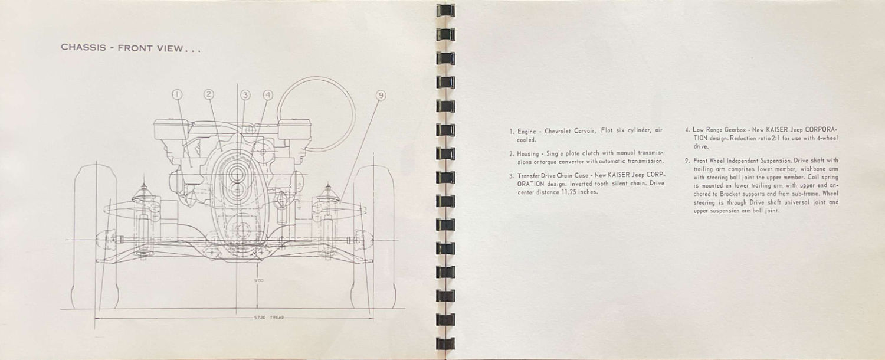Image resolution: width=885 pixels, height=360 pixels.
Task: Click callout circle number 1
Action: click(x=178, y=94)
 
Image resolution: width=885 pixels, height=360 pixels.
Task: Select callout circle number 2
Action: click(x=209, y=94)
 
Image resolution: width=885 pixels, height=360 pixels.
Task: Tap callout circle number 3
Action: click(x=245, y=95)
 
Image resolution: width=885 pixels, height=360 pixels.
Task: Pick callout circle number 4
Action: click(x=268, y=95)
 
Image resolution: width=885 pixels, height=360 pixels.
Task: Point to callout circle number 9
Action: click(x=381, y=95)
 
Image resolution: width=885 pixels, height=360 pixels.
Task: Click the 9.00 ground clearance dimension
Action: click(x=259, y=280)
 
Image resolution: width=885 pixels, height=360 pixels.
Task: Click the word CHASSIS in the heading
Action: click(x=83, y=47)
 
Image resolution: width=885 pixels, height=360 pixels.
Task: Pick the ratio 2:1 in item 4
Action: click(x=772, y=138)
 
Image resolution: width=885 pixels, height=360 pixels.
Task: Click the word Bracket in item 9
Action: click(x=731, y=194)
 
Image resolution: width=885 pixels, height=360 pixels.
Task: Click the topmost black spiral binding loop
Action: click(x=445, y=11)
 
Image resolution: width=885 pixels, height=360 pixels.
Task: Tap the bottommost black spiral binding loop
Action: click(x=445, y=343)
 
